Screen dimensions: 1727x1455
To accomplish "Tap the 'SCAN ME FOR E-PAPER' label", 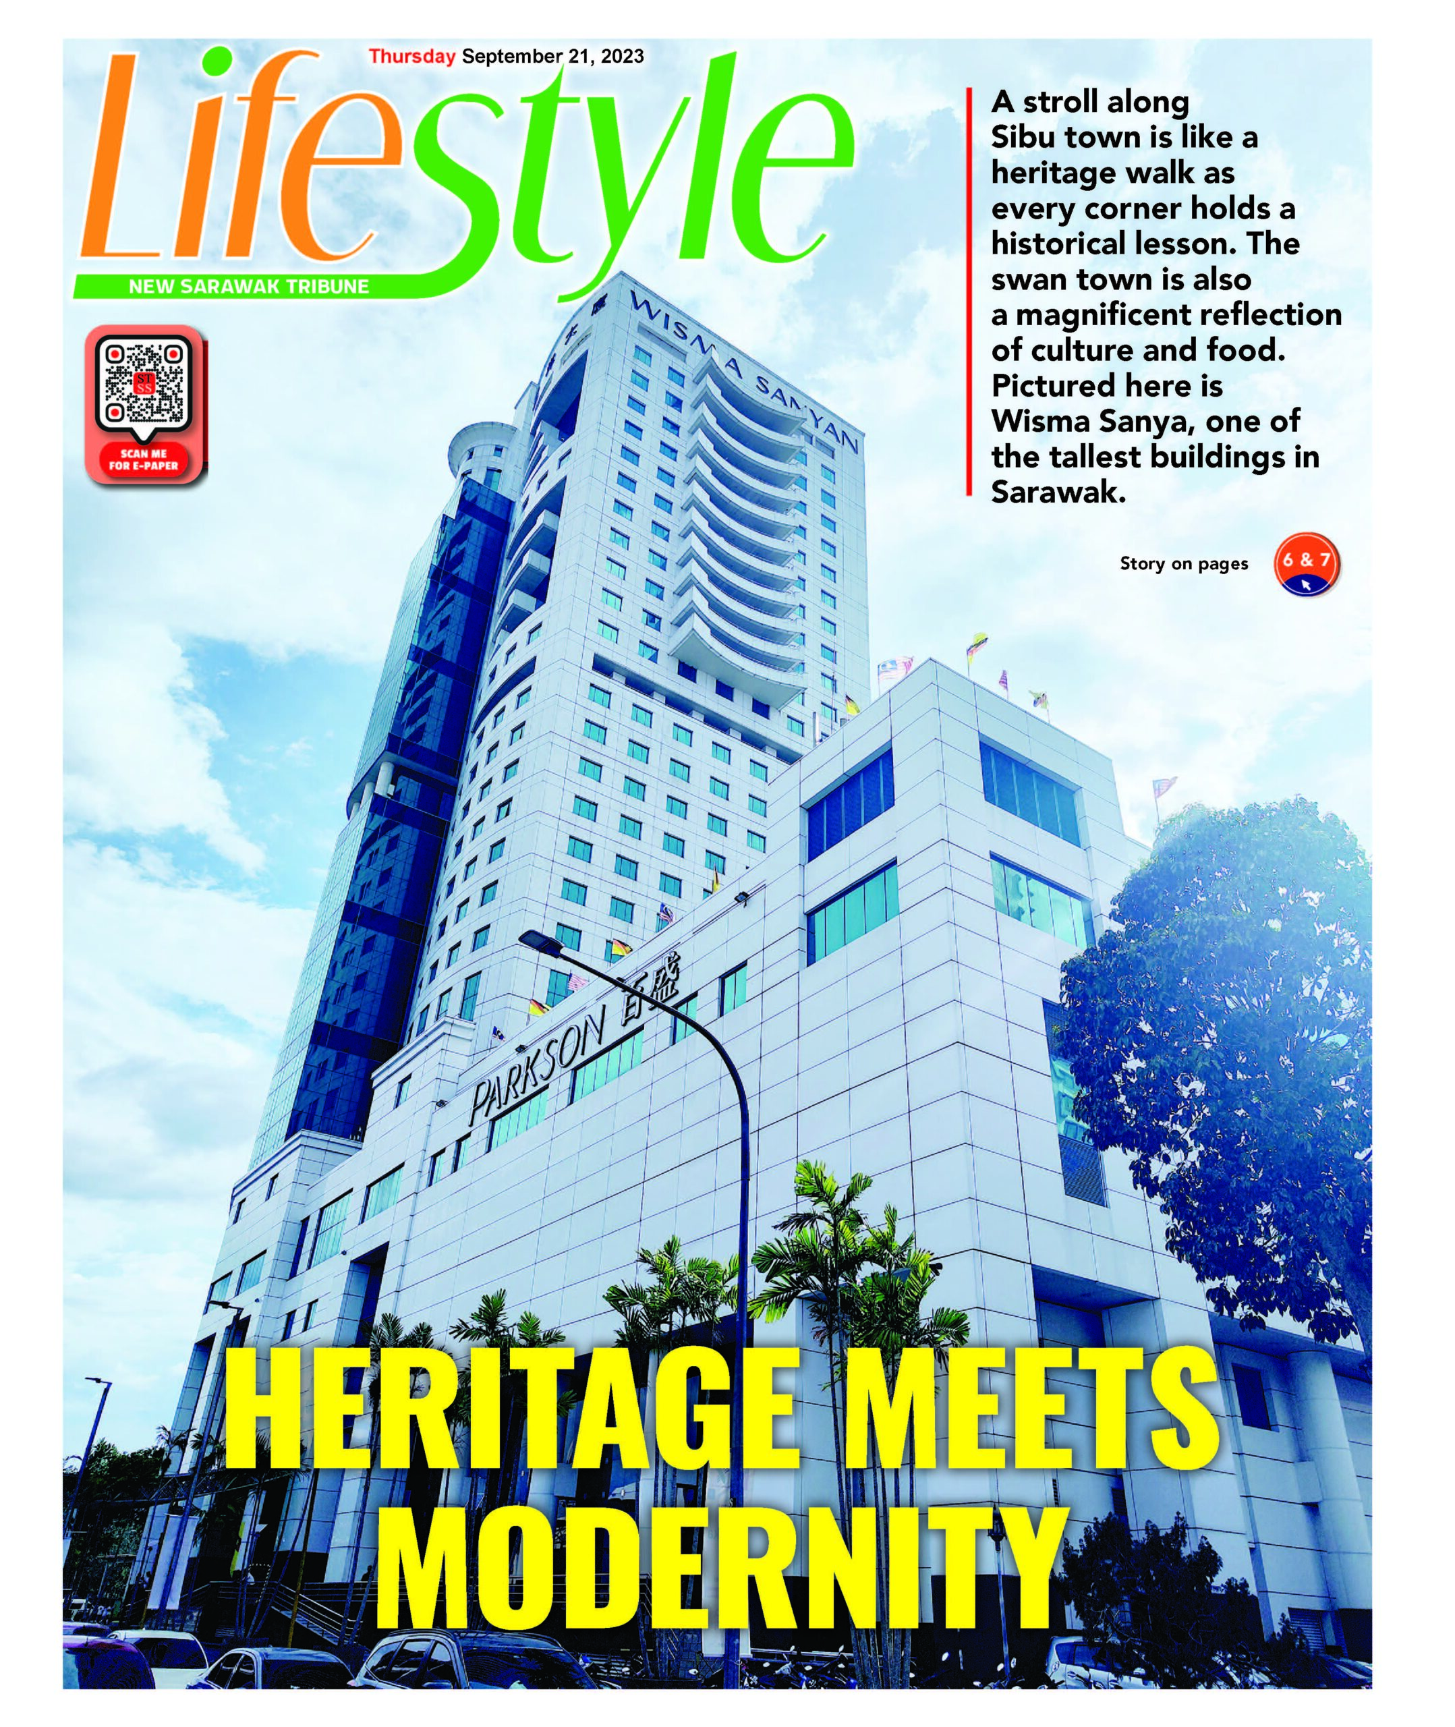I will click(144, 459).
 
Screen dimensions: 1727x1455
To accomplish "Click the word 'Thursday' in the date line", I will click(411, 57).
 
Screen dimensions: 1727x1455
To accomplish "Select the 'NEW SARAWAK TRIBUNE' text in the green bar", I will click(248, 287).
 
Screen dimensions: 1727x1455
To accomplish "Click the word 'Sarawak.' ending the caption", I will click(1058, 492).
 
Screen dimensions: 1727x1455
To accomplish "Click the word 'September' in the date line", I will click(511, 57).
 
